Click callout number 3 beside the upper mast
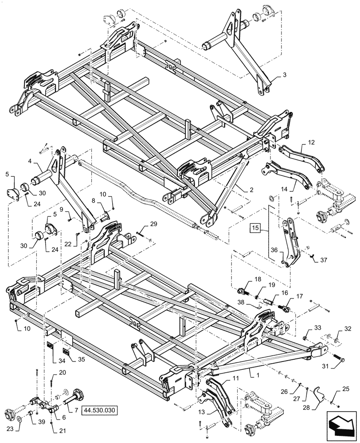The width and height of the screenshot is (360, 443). coord(278,76)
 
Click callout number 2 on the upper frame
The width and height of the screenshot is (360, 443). coord(251,189)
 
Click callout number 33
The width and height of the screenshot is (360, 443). coord(318,328)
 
